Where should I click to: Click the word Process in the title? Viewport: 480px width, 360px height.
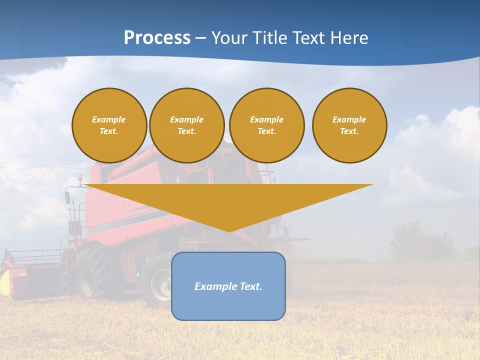157,37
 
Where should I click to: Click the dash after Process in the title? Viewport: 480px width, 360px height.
201,38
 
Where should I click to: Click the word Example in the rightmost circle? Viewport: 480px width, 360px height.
349,119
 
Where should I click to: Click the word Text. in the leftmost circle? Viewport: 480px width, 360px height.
108,131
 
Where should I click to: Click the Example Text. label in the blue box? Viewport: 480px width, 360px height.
228,286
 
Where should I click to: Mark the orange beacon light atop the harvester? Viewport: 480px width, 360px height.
80,177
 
